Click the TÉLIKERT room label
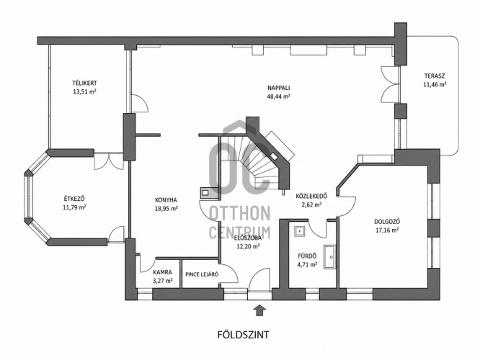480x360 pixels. click(x=84, y=83)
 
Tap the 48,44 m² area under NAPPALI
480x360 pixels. click(x=279, y=96)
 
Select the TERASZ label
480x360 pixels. click(x=435, y=76)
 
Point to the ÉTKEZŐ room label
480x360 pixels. click(x=74, y=199)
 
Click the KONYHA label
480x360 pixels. click(x=166, y=200)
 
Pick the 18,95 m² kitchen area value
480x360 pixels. click(x=166, y=209)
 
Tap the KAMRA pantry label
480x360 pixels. click(x=163, y=272)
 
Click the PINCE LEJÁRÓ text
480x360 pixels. click(x=202, y=274)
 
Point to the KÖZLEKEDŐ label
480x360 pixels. click(x=312, y=196)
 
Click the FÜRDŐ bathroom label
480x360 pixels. click(x=307, y=256)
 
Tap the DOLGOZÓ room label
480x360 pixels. click(x=387, y=222)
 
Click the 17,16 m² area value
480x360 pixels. click(x=387, y=230)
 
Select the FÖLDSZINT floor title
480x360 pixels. click(x=244, y=335)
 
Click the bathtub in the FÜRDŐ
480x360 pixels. click(x=329, y=257)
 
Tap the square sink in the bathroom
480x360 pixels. click(x=299, y=232)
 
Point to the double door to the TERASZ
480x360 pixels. click(x=391, y=86)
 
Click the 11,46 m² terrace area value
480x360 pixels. click(x=435, y=84)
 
